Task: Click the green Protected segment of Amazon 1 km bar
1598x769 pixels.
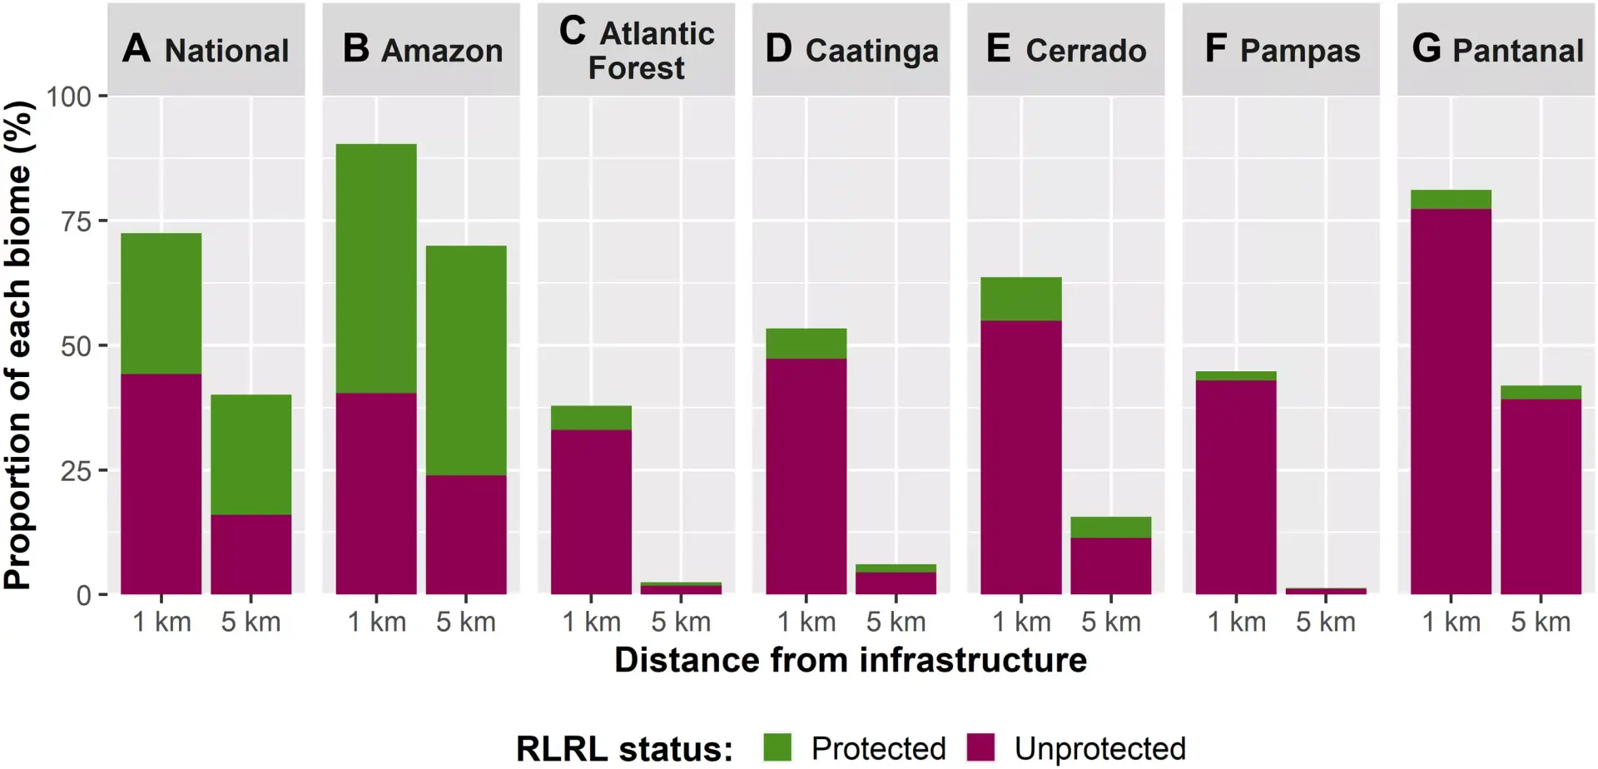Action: click(x=376, y=268)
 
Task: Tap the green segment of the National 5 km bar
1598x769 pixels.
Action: click(x=251, y=454)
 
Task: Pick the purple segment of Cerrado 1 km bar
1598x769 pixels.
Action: click(x=1021, y=457)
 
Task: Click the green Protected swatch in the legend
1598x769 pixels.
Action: click(x=777, y=747)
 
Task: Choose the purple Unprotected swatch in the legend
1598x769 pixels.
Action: click(x=981, y=747)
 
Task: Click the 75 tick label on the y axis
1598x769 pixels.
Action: click(x=76, y=221)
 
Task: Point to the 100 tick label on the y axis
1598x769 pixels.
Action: click(x=68, y=97)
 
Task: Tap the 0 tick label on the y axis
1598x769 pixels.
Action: click(x=84, y=596)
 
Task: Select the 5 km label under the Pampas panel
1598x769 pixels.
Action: click(x=1326, y=622)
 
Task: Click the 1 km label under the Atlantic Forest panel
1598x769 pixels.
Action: click(x=592, y=622)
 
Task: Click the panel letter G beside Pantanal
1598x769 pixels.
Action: click(x=1426, y=48)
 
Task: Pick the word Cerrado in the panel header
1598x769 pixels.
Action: click(x=1086, y=51)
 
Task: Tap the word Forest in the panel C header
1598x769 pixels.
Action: click(x=637, y=68)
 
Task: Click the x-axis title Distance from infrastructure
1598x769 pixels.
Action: click(x=851, y=660)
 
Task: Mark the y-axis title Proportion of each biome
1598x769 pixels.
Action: click(x=18, y=345)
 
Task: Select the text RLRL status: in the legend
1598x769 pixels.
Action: click(x=624, y=748)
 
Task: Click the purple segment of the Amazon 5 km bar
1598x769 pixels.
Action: click(x=466, y=534)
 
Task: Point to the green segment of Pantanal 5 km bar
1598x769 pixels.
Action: click(x=1541, y=392)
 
